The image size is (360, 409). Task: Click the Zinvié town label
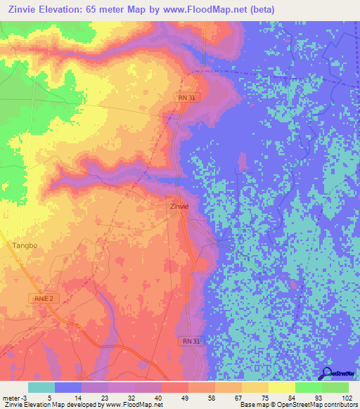180,207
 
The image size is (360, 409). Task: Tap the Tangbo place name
25,245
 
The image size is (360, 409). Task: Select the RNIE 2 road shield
43,298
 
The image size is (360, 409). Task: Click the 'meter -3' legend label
13,398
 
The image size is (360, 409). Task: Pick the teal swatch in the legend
41,387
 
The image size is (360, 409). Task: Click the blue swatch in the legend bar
68,387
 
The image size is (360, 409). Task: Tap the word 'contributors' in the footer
339,405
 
